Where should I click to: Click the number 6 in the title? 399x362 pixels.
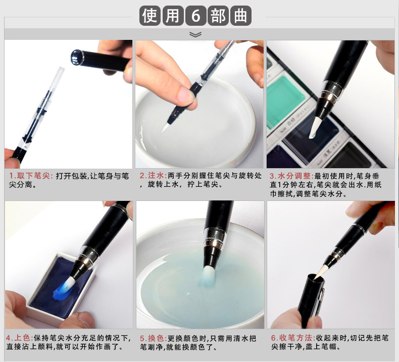pyautogui.click(x=195, y=16)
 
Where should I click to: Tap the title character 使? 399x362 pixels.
pyautogui.click(x=149, y=16)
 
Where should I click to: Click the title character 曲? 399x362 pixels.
pyautogui.click(x=240, y=16)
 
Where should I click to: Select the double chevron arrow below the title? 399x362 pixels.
pyautogui.click(x=195, y=34)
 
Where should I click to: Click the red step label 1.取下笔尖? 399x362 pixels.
pyautogui.click(x=30, y=176)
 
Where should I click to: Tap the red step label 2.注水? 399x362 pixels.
pyautogui.click(x=153, y=175)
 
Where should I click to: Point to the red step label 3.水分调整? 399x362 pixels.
pyautogui.click(x=292, y=176)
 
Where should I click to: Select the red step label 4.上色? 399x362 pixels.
pyautogui.click(x=20, y=338)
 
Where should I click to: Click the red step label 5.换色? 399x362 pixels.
pyautogui.click(x=154, y=338)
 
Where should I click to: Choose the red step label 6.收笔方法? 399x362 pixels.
pyautogui.click(x=293, y=338)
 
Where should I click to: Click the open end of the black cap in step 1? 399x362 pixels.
pyautogui.click(x=77, y=57)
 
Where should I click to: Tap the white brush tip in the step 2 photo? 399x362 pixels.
pyautogui.click(x=165, y=127)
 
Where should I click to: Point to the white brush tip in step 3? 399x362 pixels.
pyautogui.click(x=314, y=128)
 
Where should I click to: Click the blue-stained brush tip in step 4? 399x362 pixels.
pyautogui.click(x=64, y=286)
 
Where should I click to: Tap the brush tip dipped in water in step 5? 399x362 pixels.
pyautogui.click(x=208, y=276)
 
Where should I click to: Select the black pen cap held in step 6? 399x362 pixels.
pyautogui.click(x=311, y=300)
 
